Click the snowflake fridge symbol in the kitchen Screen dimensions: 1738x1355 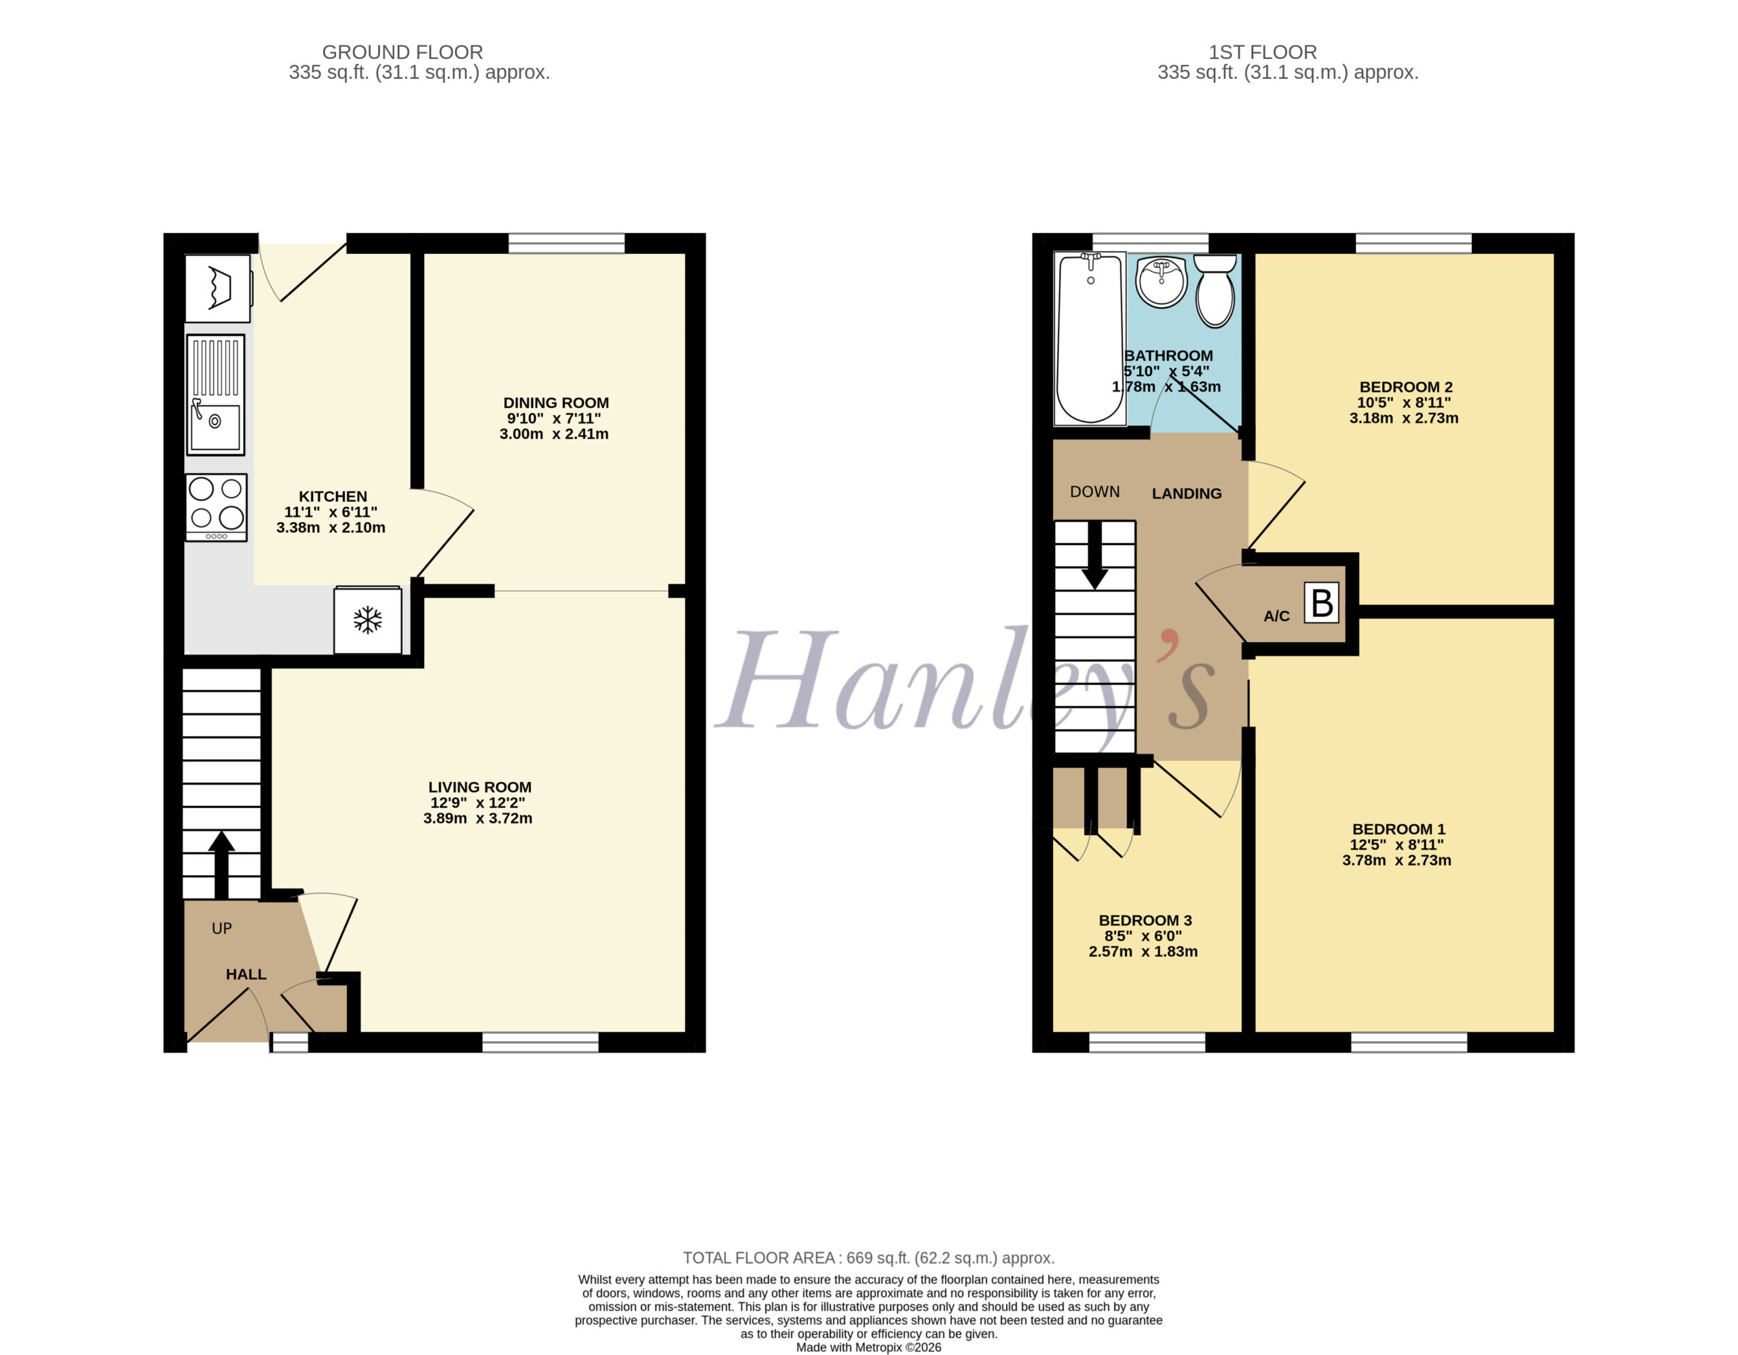[368, 620]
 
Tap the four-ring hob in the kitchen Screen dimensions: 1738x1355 [217, 508]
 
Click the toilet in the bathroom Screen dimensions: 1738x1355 [1215, 291]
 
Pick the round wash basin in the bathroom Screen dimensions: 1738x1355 [1161, 282]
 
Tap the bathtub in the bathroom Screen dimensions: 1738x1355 [1090, 339]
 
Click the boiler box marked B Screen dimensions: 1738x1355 [1321, 603]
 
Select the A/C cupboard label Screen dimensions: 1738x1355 [1276, 616]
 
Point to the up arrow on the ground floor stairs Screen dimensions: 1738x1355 [221, 865]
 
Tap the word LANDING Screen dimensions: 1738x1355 [1187, 494]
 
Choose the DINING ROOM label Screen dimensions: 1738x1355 [556, 403]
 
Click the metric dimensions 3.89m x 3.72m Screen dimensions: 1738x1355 [477, 818]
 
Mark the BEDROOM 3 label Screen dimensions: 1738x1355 [1145, 920]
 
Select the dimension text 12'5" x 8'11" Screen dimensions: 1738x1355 [1397, 844]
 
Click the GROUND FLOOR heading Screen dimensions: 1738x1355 [402, 52]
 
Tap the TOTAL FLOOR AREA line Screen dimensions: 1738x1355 [868, 1258]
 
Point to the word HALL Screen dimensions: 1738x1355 [246, 974]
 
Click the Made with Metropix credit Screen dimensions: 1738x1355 [868, 1347]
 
